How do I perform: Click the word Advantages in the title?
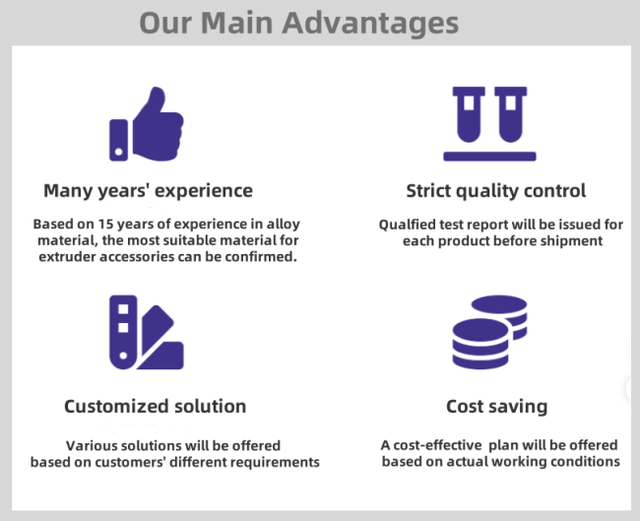(370, 24)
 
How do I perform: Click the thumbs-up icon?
(147, 124)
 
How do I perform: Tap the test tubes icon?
(489, 124)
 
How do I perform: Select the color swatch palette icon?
(147, 332)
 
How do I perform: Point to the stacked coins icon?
(489, 332)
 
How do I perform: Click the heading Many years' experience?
(148, 191)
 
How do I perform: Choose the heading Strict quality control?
(496, 191)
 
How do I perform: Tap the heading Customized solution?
(156, 407)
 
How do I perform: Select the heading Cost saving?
(496, 407)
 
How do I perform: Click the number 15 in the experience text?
(105, 225)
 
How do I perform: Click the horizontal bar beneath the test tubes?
(489, 157)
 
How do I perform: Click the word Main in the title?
(236, 23)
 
